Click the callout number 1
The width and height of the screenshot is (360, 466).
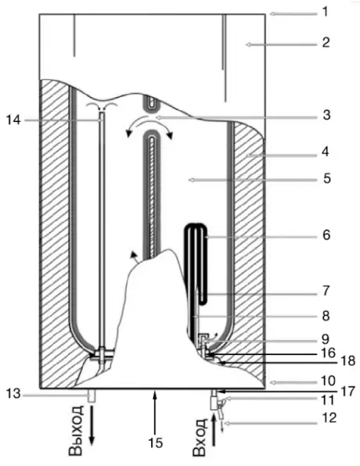[x=325, y=13]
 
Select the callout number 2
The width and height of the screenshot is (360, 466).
[x=325, y=44]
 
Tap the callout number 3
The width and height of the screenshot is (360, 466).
[x=325, y=116]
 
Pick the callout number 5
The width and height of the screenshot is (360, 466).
[x=325, y=178]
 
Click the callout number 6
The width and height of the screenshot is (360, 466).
[x=325, y=234]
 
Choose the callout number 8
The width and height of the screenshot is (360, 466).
[x=325, y=317]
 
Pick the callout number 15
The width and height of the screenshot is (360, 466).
[x=156, y=443]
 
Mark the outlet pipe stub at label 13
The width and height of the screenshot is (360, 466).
[x=92, y=396]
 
